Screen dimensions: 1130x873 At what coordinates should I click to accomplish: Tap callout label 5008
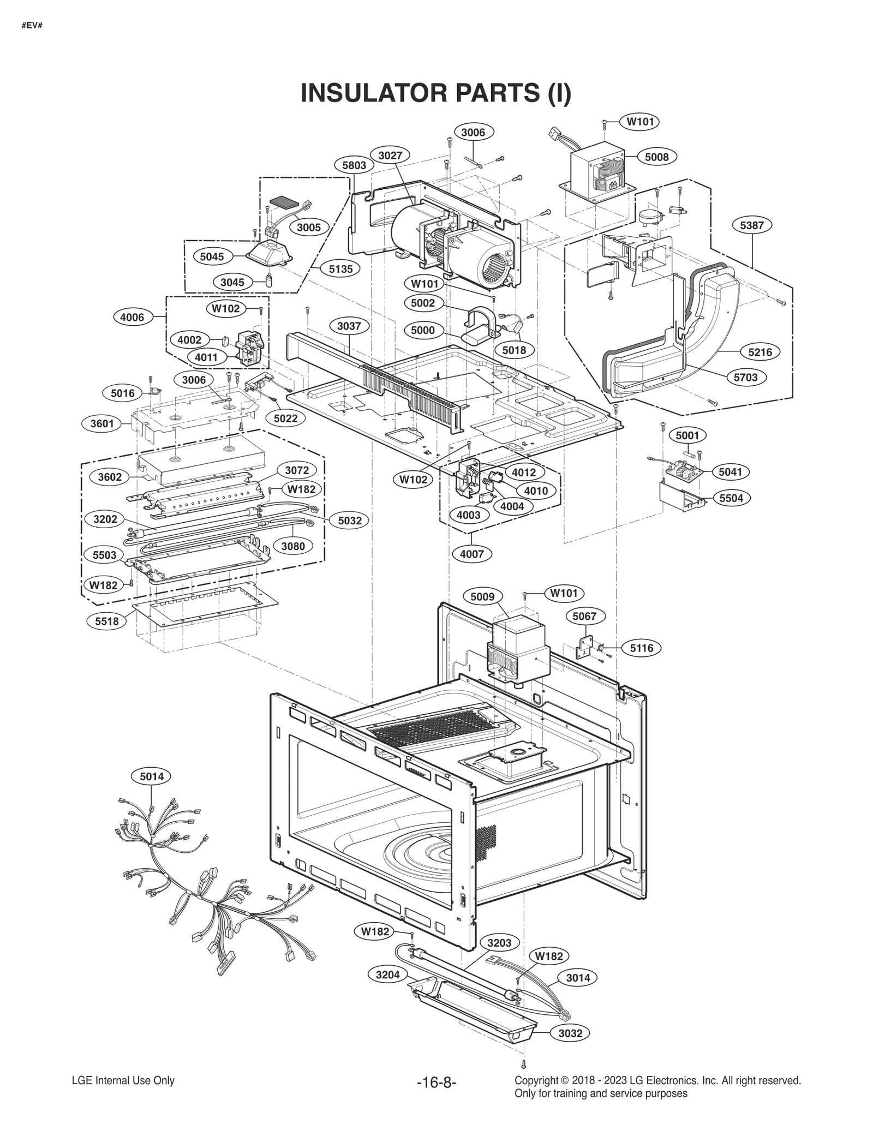click(656, 157)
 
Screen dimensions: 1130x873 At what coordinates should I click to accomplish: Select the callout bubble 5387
click(751, 225)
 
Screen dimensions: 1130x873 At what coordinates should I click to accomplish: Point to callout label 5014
click(151, 776)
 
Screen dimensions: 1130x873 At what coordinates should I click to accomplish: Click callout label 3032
click(570, 1033)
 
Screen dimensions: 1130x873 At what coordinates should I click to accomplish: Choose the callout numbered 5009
click(482, 597)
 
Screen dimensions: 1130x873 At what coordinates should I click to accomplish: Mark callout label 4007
click(471, 554)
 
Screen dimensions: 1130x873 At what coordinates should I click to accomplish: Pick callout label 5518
click(106, 621)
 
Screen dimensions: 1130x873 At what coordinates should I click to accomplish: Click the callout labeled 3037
click(349, 326)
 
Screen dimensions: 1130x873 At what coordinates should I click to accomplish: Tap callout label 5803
click(354, 165)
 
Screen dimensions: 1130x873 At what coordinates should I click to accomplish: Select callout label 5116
click(641, 648)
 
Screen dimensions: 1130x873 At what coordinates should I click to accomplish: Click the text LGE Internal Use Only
click(123, 1080)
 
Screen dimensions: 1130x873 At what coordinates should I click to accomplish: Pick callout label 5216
click(760, 352)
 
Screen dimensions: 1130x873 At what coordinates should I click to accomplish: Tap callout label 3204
click(387, 974)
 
